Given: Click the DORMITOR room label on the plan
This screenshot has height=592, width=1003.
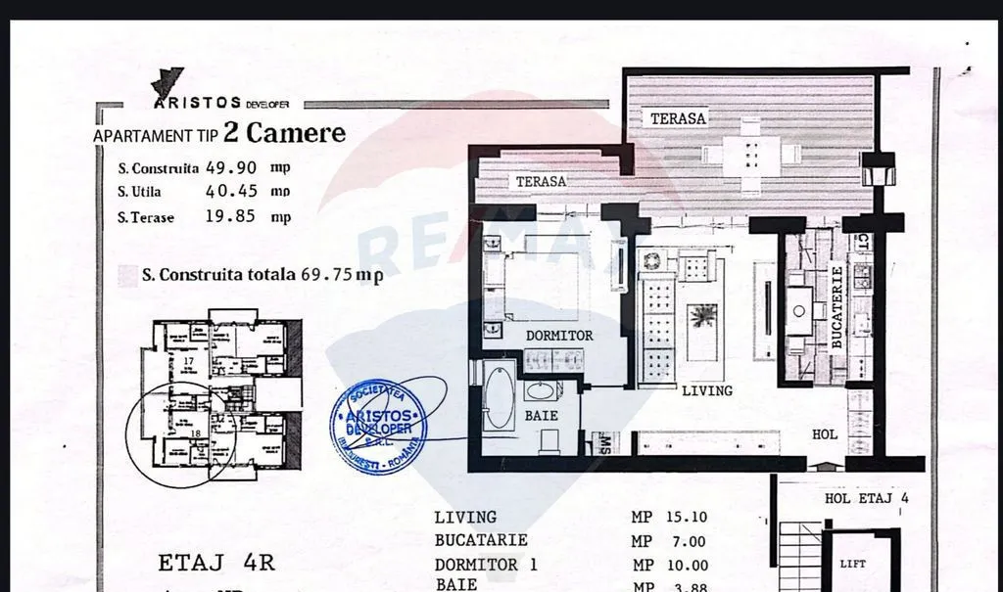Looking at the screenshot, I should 559,336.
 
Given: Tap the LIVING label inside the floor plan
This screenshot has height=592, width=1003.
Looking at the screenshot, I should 706,390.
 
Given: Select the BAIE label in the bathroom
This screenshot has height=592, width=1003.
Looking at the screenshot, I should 541,416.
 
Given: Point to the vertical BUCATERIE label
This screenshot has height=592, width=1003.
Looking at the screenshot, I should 836,307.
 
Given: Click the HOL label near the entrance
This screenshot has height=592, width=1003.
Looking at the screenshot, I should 825,433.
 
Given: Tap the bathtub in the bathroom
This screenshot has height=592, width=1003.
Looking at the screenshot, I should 499,395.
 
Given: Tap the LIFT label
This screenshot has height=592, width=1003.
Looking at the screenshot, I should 852,565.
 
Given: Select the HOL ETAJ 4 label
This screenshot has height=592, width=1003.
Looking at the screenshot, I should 867,498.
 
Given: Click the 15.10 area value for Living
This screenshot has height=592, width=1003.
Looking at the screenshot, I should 687,518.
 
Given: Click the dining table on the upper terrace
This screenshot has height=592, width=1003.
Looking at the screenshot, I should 750,154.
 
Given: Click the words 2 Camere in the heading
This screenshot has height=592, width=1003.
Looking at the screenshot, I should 284,133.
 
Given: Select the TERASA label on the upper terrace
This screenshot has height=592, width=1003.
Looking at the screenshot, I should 678,118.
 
